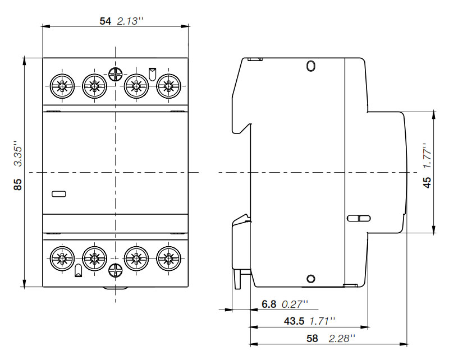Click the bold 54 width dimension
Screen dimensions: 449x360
point(105,21)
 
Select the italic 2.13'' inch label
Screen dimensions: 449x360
point(130,21)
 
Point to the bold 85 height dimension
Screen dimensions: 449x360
point(18,184)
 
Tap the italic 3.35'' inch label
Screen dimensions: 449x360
point(18,154)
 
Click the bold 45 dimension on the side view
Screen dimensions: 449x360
point(427,182)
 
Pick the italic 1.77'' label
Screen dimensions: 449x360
point(427,156)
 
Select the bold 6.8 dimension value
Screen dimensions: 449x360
point(269,304)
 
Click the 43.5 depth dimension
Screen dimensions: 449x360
point(294,321)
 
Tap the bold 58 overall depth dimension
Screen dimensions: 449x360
point(312,339)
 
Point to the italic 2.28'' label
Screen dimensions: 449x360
point(342,339)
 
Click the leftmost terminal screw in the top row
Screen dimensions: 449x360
point(62,86)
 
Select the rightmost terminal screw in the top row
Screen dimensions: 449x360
point(169,86)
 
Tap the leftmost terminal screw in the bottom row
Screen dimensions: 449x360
point(62,259)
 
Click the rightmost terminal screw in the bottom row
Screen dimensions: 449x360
point(169,259)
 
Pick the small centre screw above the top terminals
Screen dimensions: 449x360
point(116,75)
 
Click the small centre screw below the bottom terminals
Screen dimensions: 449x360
point(116,270)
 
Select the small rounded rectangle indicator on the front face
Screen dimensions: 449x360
point(59,194)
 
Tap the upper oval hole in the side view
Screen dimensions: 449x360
point(311,66)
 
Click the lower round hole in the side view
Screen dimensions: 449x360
point(311,279)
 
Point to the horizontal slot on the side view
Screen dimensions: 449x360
point(359,218)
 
